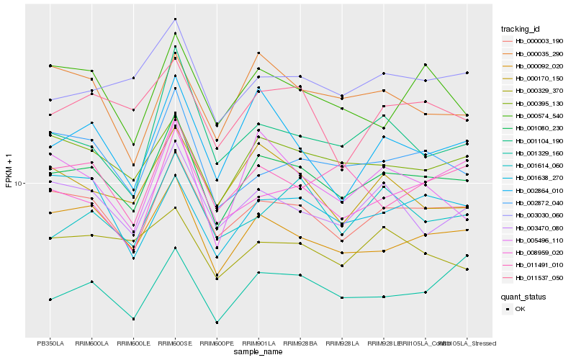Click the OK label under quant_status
tap(521, 309)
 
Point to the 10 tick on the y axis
tap(19, 183)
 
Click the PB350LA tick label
tap(50, 343)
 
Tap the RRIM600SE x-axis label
tap(175, 343)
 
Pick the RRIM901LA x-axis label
tap(258, 343)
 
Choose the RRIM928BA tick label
tap(300, 343)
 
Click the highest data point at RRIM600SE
tap(175, 19)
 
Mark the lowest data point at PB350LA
tap(50, 299)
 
